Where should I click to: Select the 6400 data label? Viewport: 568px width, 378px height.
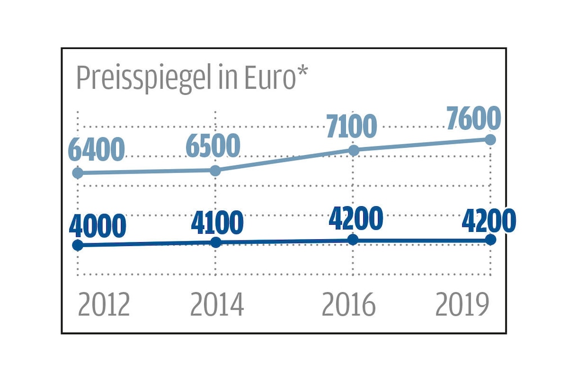(x=96, y=150)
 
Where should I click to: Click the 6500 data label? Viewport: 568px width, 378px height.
(x=213, y=146)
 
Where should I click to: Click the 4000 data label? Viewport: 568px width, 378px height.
(x=97, y=226)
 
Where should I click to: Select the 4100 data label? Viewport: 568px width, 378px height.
(x=217, y=223)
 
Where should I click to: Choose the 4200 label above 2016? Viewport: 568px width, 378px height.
(x=355, y=218)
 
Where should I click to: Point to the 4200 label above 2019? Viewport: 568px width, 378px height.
(x=489, y=221)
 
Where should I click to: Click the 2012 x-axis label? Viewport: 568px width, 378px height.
(x=104, y=305)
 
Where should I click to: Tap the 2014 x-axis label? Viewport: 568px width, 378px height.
(x=217, y=305)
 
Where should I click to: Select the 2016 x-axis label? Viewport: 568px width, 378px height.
(x=349, y=305)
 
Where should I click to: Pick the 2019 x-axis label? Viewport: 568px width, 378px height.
(x=463, y=305)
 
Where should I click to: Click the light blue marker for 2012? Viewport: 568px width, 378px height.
(x=78, y=173)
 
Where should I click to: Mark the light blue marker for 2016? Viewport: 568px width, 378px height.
(x=354, y=150)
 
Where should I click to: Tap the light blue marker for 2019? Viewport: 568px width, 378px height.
(x=490, y=139)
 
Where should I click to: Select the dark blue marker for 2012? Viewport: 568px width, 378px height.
(x=78, y=245)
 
